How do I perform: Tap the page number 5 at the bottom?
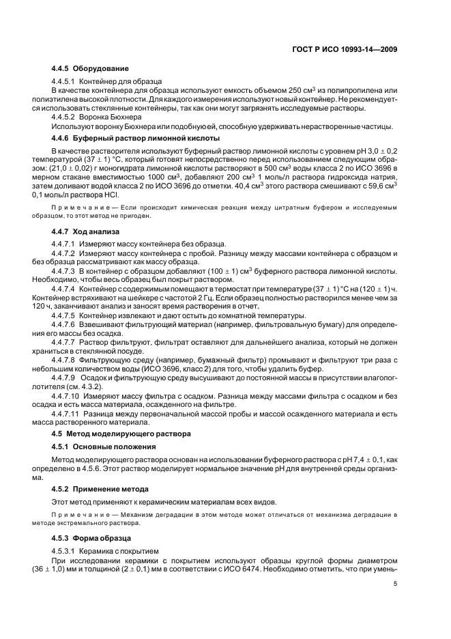coord(395,583)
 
